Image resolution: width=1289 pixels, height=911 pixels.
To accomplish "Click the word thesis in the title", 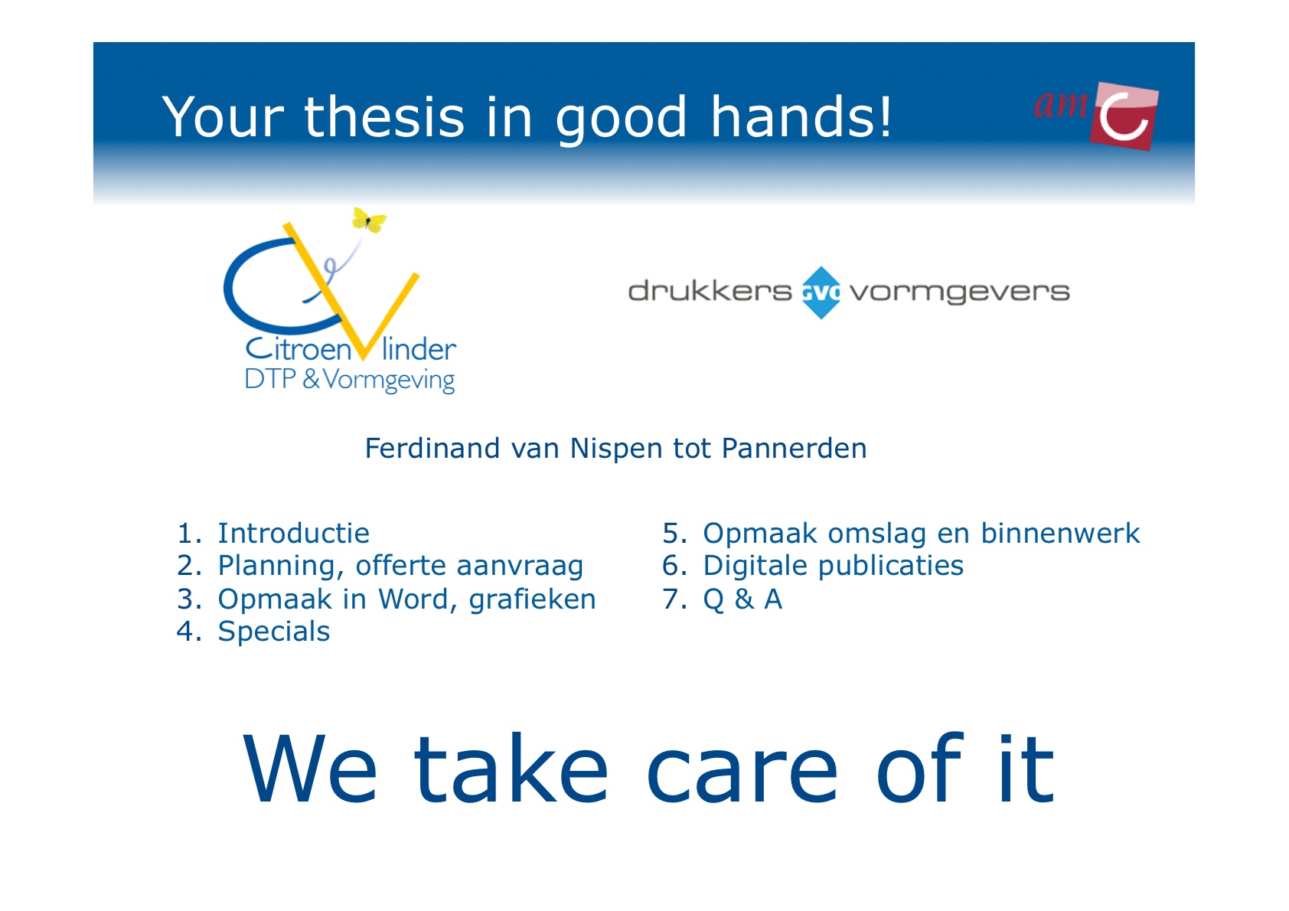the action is [x=383, y=117].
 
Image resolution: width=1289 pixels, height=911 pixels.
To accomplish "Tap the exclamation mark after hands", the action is [x=885, y=116].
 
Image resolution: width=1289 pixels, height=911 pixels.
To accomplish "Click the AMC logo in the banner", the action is [x=1096, y=116].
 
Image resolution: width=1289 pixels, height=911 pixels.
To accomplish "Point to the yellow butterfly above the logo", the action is [x=369, y=220].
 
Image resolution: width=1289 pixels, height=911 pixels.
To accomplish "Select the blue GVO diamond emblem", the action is [x=821, y=292].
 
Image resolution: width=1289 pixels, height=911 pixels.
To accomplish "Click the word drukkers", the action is [x=710, y=291].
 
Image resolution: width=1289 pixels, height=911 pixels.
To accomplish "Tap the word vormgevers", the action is [x=960, y=293].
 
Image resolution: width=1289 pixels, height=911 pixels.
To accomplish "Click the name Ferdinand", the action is [x=432, y=448].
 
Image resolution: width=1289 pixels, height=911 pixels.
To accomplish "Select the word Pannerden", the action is [x=794, y=448].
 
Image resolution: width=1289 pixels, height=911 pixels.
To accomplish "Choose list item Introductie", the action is [x=293, y=533].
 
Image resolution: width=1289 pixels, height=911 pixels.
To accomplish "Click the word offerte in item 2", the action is [x=400, y=565].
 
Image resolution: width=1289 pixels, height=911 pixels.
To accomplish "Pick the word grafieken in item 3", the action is [x=532, y=599].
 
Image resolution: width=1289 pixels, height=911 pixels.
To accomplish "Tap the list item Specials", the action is [x=274, y=632].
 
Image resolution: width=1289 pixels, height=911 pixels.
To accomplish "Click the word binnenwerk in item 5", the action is [x=1060, y=533].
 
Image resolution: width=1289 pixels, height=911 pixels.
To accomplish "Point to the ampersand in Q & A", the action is [x=744, y=599].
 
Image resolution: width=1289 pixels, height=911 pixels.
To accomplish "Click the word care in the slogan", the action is [x=742, y=771].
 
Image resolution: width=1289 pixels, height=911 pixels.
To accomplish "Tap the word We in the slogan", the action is [x=310, y=768].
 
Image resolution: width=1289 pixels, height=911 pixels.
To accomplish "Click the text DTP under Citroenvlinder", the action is [x=270, y=379].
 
